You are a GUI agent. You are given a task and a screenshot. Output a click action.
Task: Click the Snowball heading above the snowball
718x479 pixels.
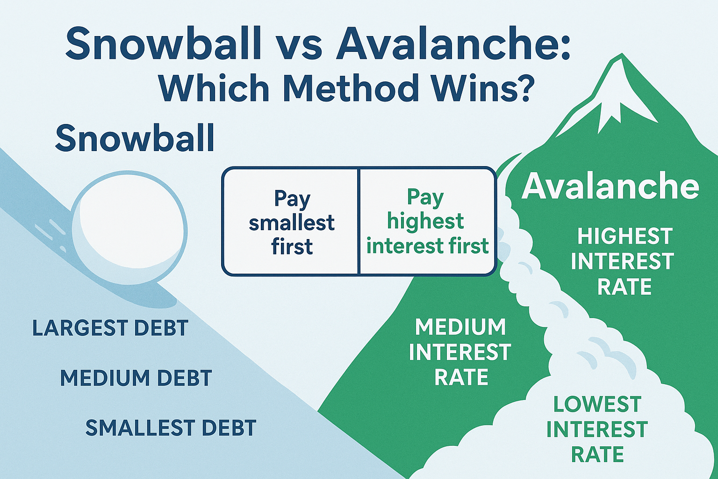(x=135, y=138)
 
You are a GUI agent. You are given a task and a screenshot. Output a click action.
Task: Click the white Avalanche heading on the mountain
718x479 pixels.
(x=610, y=186)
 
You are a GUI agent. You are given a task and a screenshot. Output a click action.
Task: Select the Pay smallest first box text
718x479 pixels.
(x=292, y=222)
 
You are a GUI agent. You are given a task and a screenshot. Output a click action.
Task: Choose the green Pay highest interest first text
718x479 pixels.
(x=427, y=221)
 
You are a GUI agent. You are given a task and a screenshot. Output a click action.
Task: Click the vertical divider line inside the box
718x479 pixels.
(x=358, y=221)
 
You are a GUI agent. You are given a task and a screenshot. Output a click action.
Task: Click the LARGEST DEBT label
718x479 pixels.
(x=110, y=328)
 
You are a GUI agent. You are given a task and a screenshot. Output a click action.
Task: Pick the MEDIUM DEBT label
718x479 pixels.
(x=136, y=378)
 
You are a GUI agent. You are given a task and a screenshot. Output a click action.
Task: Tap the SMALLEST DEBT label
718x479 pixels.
(x=171, y=428)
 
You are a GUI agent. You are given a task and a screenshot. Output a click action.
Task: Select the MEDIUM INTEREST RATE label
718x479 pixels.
(x=460, y=352)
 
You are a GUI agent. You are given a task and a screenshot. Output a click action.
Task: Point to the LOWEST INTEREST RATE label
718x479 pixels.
(x=597, y=429)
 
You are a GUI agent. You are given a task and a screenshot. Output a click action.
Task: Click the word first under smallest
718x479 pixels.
(x=292, y=247)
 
